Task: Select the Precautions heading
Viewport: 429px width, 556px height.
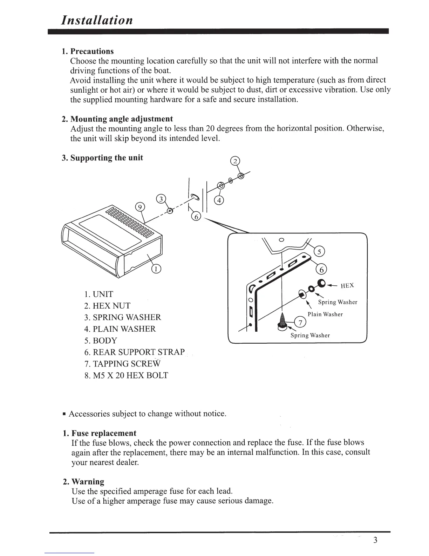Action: coord(88,51)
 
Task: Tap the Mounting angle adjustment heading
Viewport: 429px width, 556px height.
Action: coord(117,119)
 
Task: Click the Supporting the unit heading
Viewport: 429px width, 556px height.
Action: coord(102,158)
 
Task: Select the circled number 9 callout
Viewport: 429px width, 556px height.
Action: coord(140,207)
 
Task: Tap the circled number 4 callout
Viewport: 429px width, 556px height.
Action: coord(219,201)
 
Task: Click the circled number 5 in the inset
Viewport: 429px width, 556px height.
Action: coord(320,251)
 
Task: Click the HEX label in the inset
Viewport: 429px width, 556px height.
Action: coord(347,286)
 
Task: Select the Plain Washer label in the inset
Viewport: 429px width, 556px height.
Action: coord(325,315)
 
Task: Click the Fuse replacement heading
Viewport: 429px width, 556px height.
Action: coord(100,433)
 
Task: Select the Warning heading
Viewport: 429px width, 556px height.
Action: coord(84,482)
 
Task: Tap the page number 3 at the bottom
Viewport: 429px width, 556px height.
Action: coord(375,540)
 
